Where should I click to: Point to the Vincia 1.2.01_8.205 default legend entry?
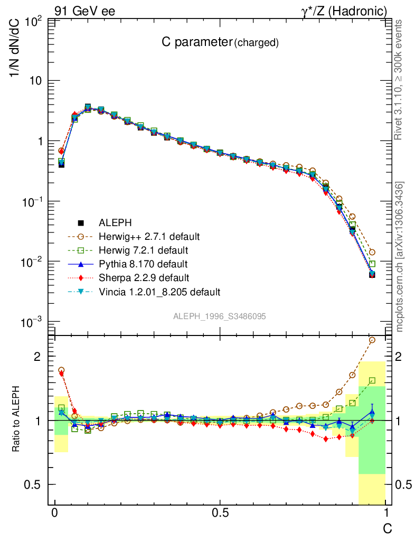159,291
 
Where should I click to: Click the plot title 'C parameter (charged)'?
220,43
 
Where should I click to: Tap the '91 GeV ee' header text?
84,11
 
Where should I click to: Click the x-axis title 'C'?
387,528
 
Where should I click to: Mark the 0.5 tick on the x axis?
220,513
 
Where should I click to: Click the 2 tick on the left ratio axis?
37,357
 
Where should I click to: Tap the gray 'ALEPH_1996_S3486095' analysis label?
219,316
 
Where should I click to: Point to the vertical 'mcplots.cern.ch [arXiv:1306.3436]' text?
399,256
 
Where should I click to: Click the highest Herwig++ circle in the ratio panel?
372,340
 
